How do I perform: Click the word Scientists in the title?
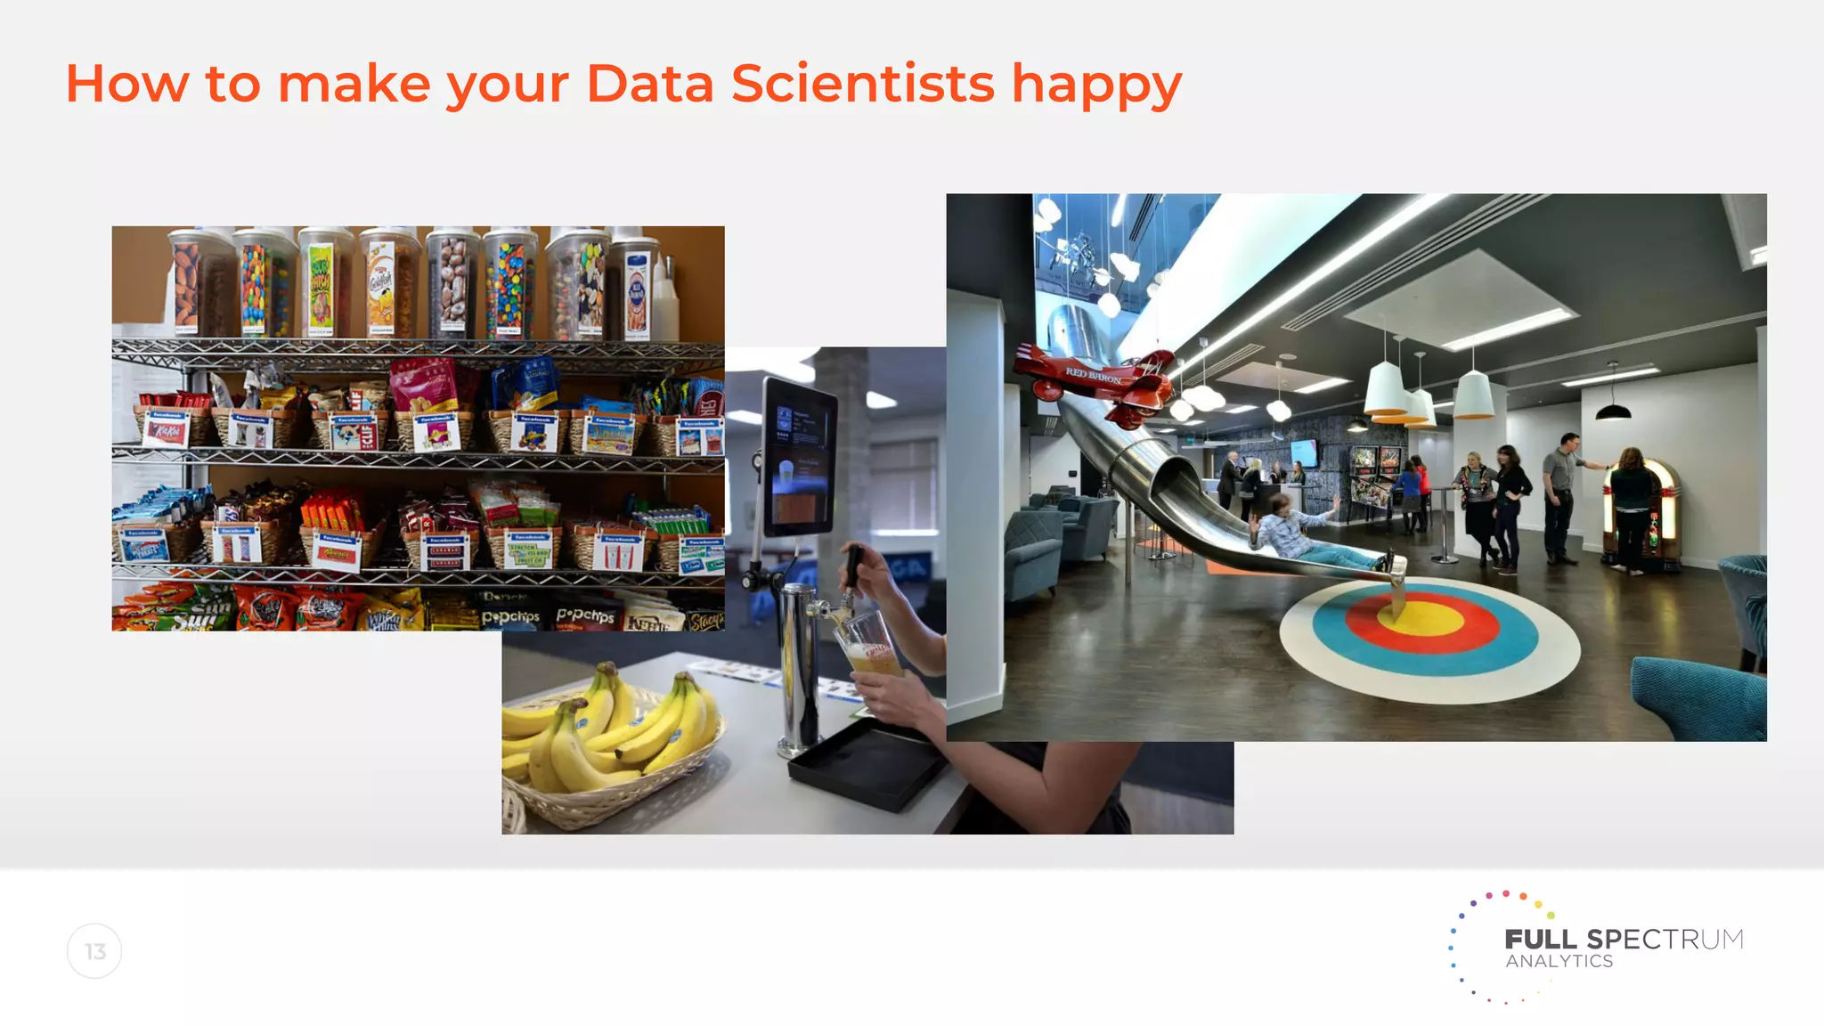coord(862,84)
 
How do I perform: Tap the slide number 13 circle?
coord(94,951)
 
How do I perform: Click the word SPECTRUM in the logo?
coord(1665,940)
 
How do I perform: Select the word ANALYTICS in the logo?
coord(1559,962)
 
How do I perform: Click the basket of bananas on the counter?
coord(606,744)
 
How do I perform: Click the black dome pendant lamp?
coord(1612,410)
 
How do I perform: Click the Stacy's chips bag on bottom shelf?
coord(704,620)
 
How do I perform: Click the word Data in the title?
coord(649,84)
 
